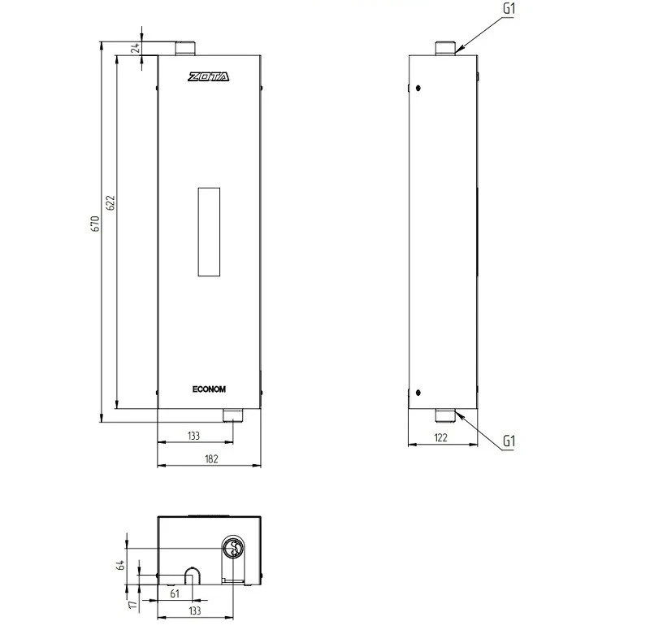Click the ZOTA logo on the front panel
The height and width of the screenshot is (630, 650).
click(209, 77)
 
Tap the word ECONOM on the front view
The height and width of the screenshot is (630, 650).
click(209, 389)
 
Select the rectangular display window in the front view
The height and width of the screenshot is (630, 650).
click(209, 231)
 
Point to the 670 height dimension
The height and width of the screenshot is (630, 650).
click(95, 225)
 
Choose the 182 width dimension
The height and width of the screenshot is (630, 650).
click(210, 459)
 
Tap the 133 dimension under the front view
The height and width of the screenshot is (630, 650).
click(193, 437)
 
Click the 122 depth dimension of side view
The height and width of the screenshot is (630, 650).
click(441, 437)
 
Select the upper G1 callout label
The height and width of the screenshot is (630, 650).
click(509, 9)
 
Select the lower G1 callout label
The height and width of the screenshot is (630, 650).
click(509, 441)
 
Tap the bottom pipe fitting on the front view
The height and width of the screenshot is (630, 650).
click(232, 415)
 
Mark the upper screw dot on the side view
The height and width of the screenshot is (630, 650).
click(418, 88)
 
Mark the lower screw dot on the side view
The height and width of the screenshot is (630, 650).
click(418, 389)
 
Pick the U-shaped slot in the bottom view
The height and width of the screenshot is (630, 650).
click(193, 576)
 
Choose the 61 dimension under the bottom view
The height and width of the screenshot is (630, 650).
click(174, 594)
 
